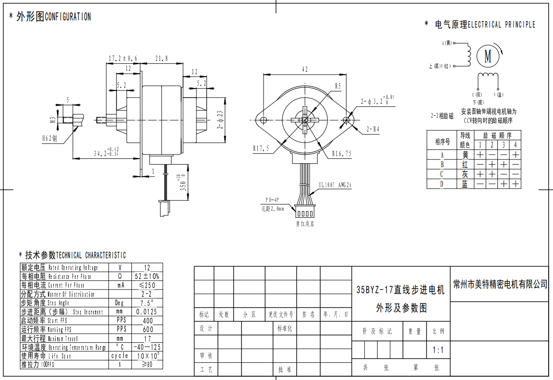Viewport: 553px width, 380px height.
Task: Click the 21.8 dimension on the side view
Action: pyautogui.click(x=161, y=58)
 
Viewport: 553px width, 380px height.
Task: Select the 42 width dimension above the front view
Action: pyautogui.click(x=304, y=69)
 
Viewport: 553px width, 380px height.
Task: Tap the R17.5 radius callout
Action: pyautogui.click(x=261, y=149)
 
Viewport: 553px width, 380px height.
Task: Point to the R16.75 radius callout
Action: pyautogui.click(x=342, y=154)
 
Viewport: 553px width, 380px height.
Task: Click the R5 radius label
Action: pyautogui.click(x=337, y=86)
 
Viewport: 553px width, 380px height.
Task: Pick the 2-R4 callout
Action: pyautogui.click(x=373, y=129)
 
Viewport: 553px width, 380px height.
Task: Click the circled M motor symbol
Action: pyautogui.click(x=488, y=56)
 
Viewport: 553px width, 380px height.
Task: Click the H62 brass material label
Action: pyautogui.click(x=49, y=138)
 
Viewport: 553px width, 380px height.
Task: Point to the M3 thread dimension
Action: pyautogui.click(x=53, y=120)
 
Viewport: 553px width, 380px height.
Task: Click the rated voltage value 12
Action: pyautogui.click(x=147, y=268)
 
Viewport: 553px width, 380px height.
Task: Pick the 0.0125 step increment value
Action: pyautogui.click(x=147, y=312)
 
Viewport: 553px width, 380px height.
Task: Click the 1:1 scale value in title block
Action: pyautogui.click(x=438, y=350)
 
